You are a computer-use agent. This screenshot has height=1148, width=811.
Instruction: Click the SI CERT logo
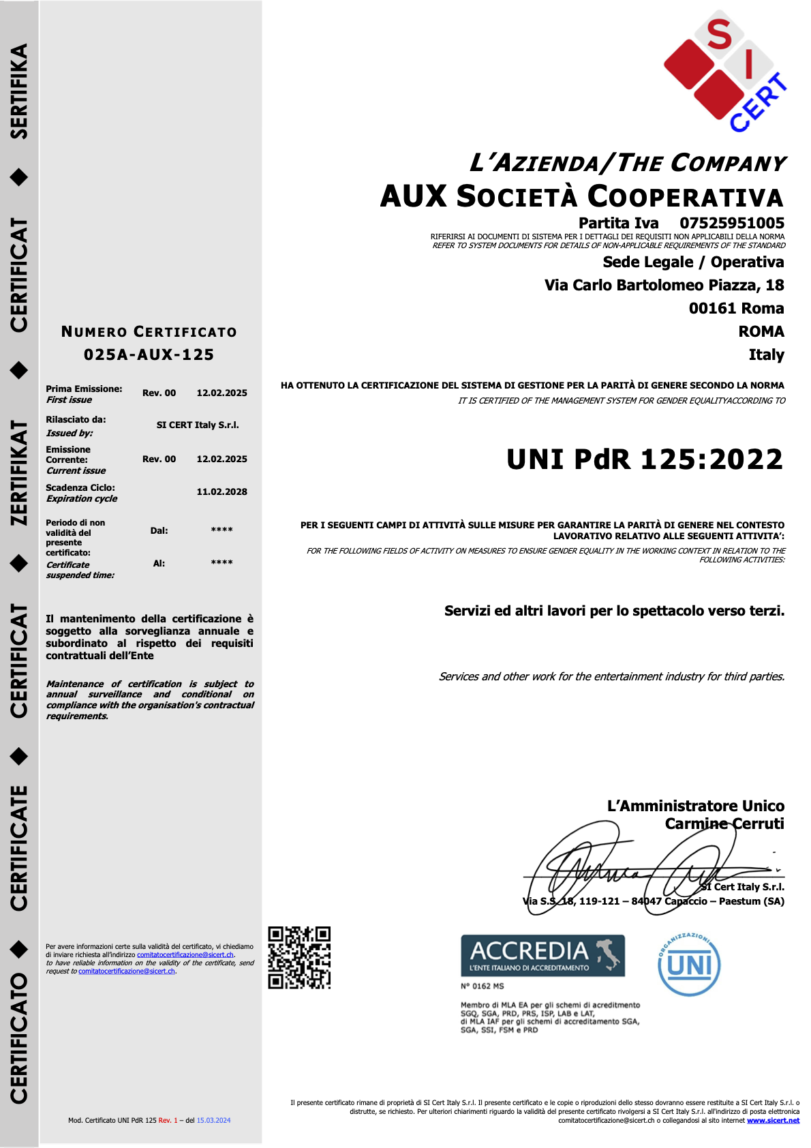click(x=724, y=72)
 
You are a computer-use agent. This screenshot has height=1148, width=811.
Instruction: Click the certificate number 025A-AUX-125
click(x=149, y=354)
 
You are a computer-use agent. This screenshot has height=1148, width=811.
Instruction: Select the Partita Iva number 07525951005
click(x=731, y=223)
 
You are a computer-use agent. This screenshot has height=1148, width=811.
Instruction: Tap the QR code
click(x=299, y=957)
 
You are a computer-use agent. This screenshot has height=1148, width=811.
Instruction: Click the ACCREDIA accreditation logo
click(x=542, y=955)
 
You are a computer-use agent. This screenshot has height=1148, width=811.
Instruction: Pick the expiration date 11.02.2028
click(x=221, y=492)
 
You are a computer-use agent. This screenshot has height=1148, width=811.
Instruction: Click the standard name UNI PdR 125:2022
click(x=645, y=459)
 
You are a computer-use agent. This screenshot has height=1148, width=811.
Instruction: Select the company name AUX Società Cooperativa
click(x=581, y=196)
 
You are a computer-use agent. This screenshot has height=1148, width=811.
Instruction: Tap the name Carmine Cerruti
click(x=724, y=824)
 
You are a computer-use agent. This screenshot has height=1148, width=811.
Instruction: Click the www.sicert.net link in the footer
click(x=773, y=1120)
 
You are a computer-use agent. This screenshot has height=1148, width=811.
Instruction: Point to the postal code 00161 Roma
click(x=736, y=308)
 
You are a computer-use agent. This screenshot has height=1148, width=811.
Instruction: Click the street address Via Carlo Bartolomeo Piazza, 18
click(x=664, y=285)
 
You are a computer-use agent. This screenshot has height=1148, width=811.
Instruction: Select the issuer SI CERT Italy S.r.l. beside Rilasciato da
click(x=198, y=425)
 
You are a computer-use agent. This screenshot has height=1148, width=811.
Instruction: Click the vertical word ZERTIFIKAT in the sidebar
click(x=19, y=472)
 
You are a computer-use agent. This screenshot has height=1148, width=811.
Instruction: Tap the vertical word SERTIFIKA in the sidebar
click(x=19, y=91)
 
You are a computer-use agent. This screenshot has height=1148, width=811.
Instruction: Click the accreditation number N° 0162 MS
click(x=482, y=986)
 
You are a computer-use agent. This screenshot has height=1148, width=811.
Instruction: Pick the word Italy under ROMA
click(x=766, y=354)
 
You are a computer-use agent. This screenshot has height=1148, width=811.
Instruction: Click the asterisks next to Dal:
click(x=221, y=530)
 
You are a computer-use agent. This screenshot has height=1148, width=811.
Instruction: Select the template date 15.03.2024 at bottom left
click(x=213, y=1120)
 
